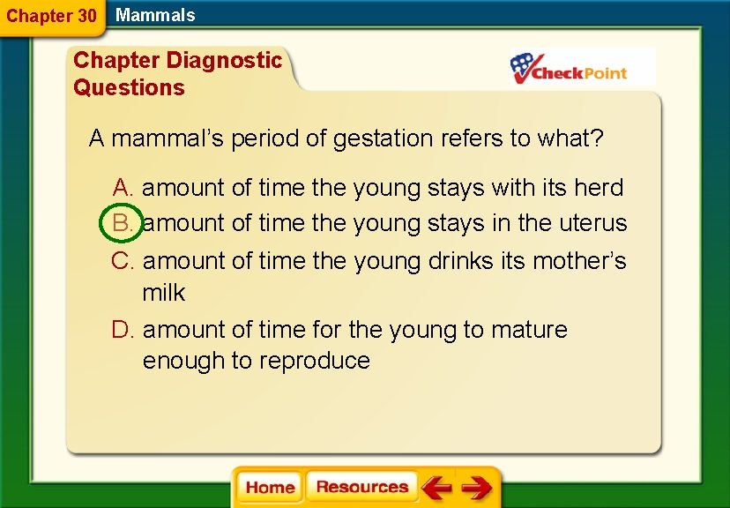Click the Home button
(270, 488)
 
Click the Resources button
(361, 488)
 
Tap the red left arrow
(436, 488)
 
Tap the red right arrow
(476, 488)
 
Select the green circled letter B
(122, 223)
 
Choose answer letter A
(123, 187)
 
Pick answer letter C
(122, 261)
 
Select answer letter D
(123, 330)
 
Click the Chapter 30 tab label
(51, 16)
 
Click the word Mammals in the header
(155, 15)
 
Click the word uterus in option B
(593, 223)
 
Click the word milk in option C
(164, 292)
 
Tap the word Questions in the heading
(129, 87)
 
